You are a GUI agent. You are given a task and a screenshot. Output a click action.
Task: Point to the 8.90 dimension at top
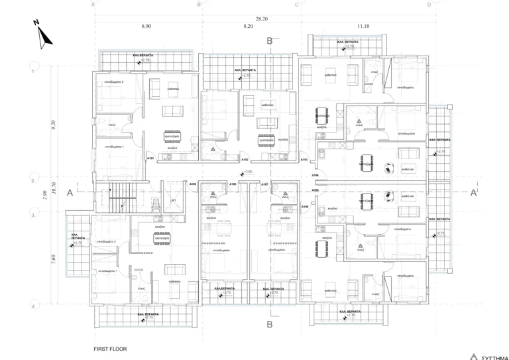[146, 27]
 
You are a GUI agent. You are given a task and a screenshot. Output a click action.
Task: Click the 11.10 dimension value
[362, 27]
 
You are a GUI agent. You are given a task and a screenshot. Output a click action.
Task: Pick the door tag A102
[245, 159]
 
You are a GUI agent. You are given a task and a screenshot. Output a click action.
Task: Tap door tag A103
[304, 160]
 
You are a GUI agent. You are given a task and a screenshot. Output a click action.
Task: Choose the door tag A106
[305, 206]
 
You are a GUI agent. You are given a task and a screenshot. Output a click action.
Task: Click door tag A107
[264, 184]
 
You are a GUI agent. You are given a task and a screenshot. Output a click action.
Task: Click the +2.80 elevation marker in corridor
[248, 172]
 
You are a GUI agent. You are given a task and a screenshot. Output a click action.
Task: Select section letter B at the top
[269, 41]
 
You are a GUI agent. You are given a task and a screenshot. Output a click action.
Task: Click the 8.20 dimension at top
[249, 27]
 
